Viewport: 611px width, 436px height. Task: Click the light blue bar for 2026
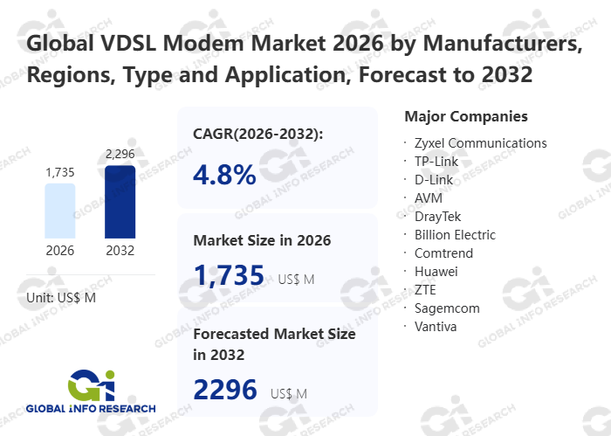(60, 211)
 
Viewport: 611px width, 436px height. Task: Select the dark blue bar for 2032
(120, 202)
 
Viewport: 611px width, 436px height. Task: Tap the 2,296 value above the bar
(120, 155)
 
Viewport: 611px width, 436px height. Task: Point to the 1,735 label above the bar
(60, 172)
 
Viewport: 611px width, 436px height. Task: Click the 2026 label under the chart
(60, 251)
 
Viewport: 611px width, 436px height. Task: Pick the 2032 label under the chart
(120, 251)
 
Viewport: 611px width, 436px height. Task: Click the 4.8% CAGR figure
(224, 174)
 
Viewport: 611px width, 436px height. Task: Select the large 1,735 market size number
(229, 275)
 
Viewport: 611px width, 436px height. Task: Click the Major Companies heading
(466, 116)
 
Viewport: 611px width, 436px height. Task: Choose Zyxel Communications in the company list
(480, 142)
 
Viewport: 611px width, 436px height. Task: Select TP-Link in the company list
(436, 161)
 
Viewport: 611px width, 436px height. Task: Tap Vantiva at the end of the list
(436, 326)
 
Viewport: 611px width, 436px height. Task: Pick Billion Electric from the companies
(455, 234)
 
